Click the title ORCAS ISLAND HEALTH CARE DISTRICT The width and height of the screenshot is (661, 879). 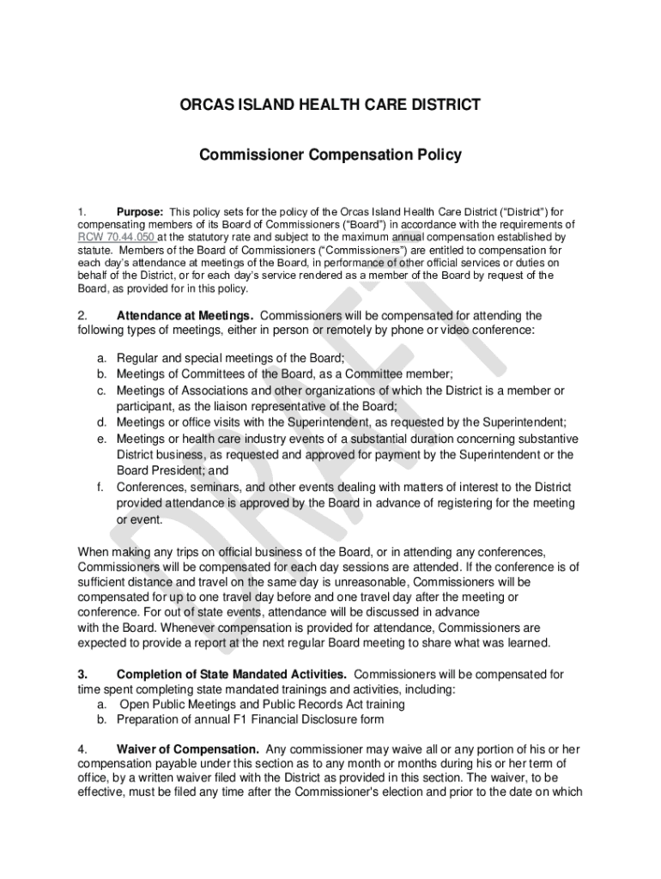coord(330,106)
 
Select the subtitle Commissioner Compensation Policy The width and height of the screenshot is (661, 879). coord(330,155)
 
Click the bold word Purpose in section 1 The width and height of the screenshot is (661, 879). coord(140,211)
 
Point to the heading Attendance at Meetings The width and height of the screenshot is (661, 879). coord(179,315)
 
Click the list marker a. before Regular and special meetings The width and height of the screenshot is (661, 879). coord(101,358)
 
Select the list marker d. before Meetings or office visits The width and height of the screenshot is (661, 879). coord(101,422)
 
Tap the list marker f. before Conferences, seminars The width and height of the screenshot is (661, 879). coord(101,487)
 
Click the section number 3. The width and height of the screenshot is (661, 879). coord(82,674)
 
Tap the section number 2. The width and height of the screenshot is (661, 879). coord(82,315)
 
